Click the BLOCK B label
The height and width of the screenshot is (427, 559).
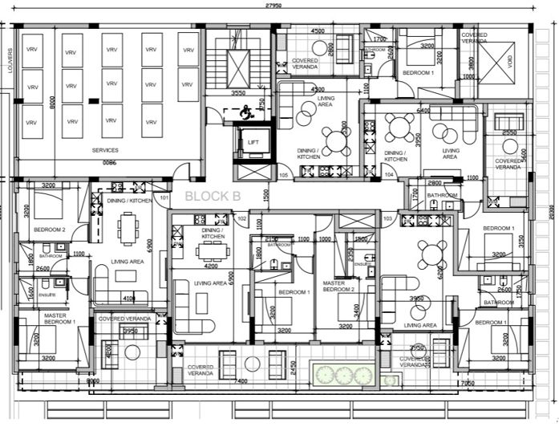213,195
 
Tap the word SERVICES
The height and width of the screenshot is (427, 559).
105,150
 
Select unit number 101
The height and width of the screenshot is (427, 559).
164,197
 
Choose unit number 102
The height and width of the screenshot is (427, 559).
241,218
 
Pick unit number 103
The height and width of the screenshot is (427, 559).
387,218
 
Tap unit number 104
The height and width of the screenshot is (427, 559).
388,174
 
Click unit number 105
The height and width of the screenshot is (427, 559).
283,174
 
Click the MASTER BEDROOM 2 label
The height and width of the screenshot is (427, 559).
334,287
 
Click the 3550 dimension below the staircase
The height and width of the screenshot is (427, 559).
238,93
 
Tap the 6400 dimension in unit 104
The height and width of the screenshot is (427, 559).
423,111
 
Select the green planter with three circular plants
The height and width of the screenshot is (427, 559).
343,375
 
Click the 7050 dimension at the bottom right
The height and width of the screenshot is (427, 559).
490,384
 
